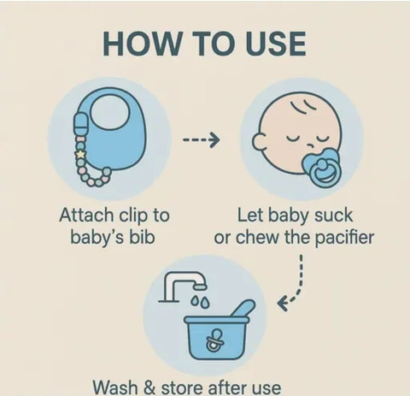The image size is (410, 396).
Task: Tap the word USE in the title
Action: tap(275, 44)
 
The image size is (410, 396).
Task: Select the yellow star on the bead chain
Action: tap(80, 155)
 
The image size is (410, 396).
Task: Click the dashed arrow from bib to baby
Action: tap(202, 139)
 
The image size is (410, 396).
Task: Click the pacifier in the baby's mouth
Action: tap(322, 168)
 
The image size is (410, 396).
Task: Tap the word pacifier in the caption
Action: tap(344, 237)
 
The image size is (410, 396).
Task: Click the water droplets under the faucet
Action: tap(201, 302)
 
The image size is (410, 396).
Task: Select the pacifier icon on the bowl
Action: tap(214, 340)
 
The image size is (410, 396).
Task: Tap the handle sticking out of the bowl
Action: tap(243, 309)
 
